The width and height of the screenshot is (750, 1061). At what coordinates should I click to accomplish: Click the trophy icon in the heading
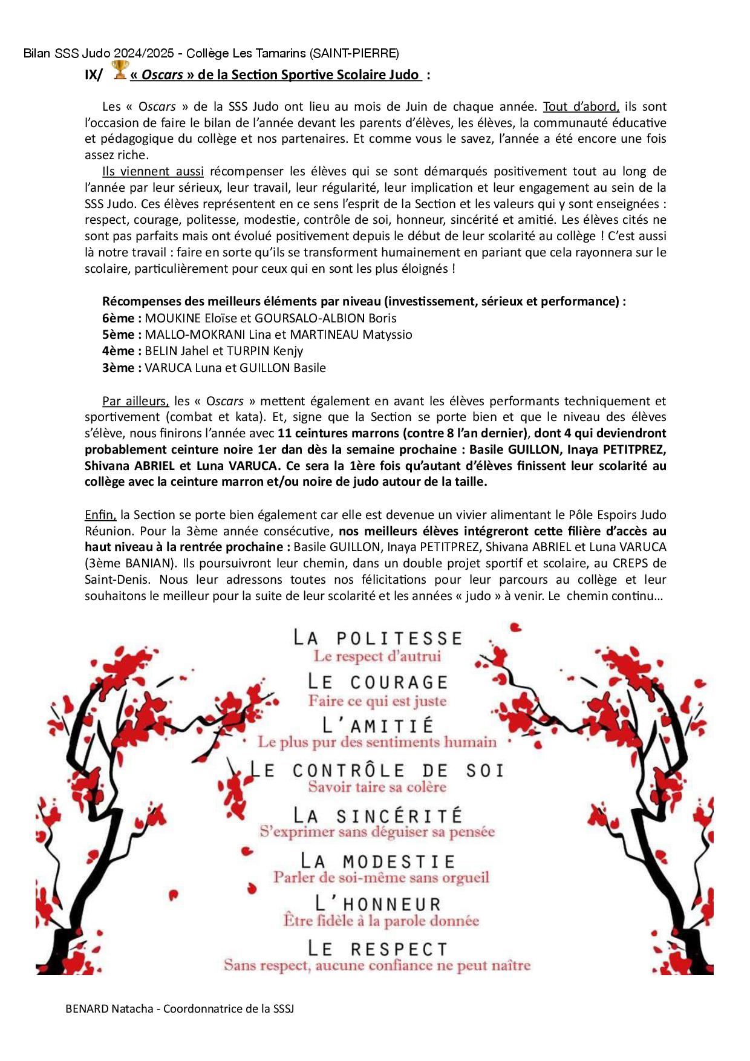coord(120,70)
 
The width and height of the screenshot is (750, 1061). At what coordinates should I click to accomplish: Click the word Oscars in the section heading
coord(162,75)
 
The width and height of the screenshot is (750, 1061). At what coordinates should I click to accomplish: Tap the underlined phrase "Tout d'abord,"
coord(581,107)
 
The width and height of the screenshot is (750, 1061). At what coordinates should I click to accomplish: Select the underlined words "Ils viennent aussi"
coord(153,172)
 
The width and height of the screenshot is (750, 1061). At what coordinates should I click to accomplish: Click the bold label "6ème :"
coord(122,318)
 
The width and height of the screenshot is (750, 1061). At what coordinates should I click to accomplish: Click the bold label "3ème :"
coord(122,368)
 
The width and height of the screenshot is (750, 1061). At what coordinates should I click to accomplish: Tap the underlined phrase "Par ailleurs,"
coord(135,401)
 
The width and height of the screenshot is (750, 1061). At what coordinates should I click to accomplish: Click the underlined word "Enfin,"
coord(100,515)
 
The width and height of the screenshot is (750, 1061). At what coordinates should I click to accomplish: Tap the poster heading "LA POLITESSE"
coord(378,638)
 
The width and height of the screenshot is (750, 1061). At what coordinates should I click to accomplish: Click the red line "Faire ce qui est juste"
coord(377,701)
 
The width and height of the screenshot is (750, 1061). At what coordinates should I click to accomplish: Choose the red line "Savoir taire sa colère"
coord(377,787)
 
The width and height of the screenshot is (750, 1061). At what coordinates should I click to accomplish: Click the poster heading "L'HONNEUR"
coord(378,904)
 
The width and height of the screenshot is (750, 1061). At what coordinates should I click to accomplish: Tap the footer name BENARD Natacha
coord(109,1008)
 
